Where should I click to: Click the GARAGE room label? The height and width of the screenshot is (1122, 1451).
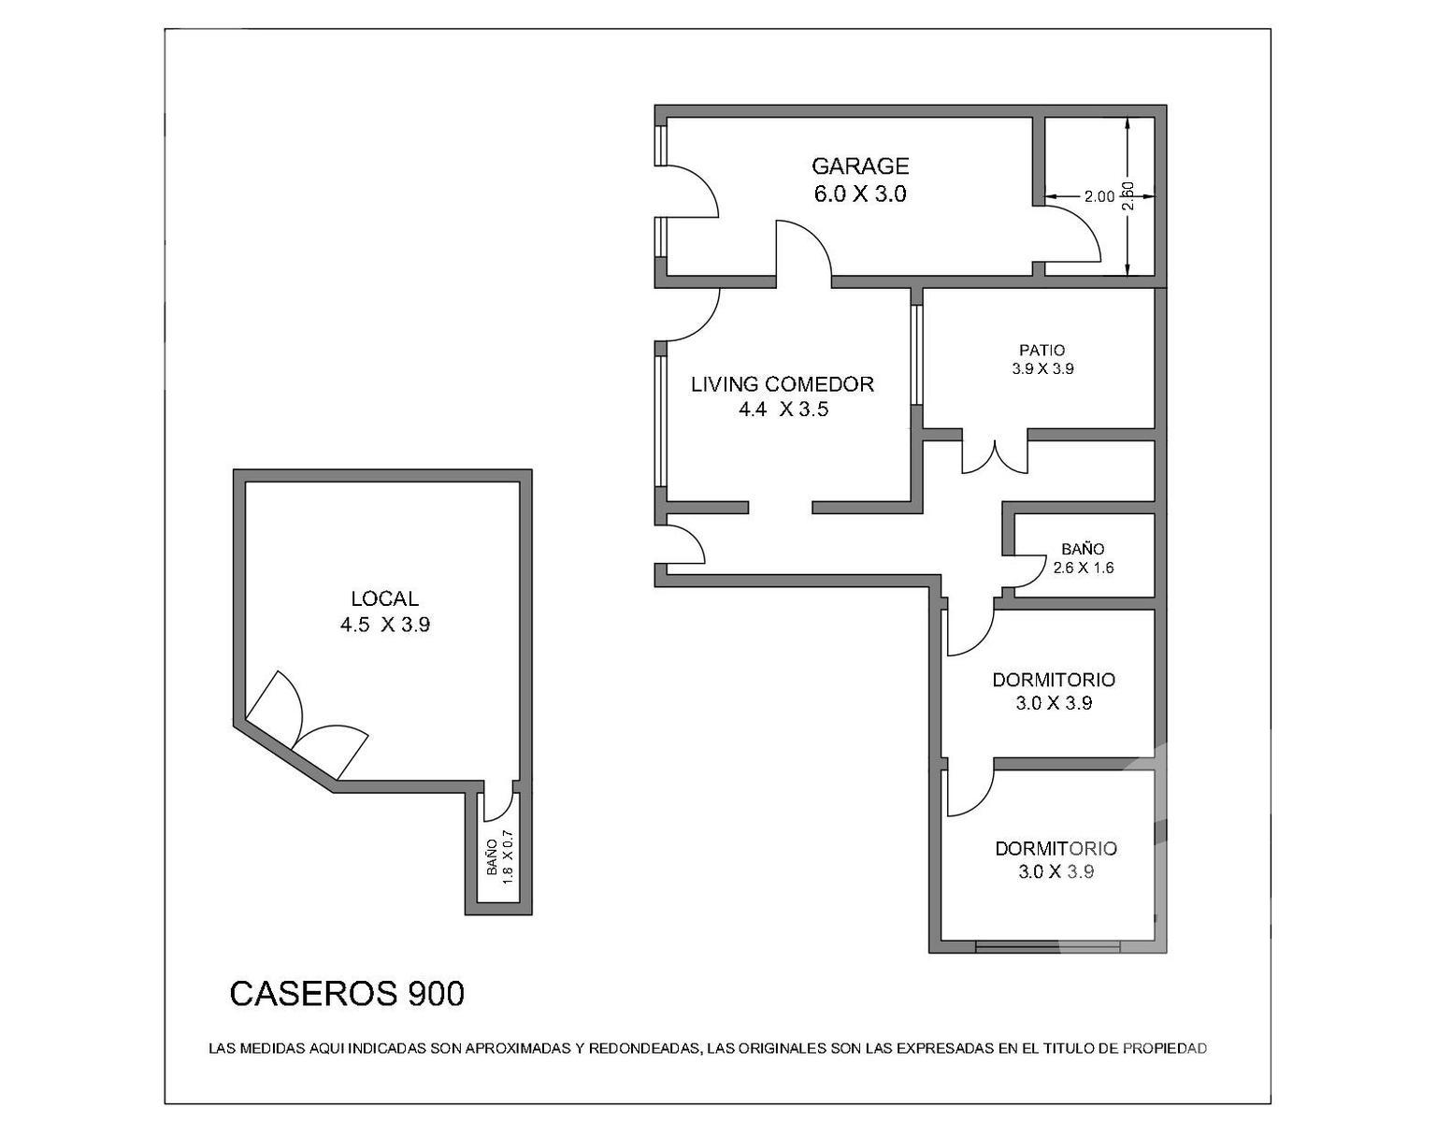coord(860,165)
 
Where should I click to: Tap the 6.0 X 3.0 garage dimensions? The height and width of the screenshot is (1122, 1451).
coord(859,194)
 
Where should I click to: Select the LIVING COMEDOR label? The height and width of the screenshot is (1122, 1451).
coord(782,384)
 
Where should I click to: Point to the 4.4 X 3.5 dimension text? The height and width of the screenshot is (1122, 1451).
coord(783,410)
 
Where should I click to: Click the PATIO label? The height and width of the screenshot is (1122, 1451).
coord(1042,350)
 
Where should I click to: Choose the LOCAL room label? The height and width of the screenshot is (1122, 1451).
coord(384,598)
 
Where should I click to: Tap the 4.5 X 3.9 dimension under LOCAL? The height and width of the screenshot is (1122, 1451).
coord(384,625)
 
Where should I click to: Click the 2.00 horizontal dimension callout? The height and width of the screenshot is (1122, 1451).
coord(1099,197)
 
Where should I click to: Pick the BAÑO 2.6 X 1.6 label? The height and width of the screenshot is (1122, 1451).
coord(1083,559)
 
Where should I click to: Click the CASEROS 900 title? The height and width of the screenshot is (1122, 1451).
coord(347,994)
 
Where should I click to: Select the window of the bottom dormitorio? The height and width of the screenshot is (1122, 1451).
coord(1047,946)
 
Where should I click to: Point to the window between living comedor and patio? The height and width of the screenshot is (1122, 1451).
coord(917,355)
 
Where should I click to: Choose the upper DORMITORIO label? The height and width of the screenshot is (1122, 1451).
coord(1054,680)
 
